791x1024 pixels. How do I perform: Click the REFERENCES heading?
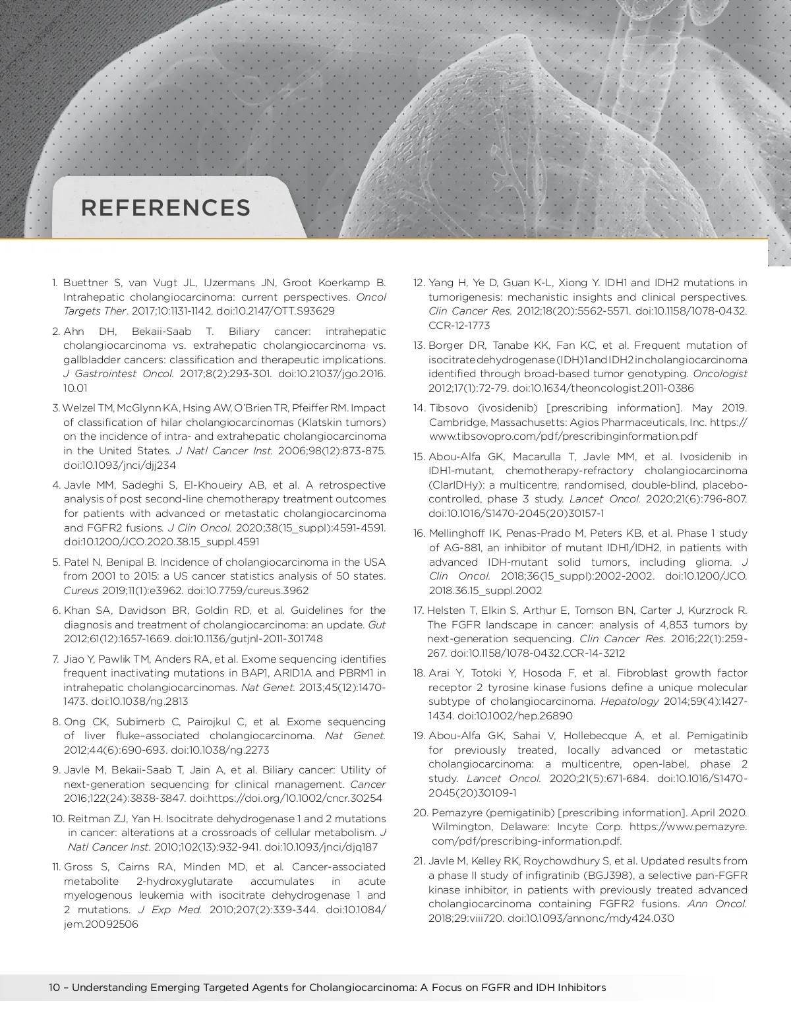pyautogui.click(x=165, y=208)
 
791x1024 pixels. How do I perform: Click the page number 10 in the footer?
pyautogui.click(x=55, y=988)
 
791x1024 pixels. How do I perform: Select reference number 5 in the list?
pyautogui.click(x=56, y=562)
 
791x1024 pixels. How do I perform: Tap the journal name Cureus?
pyautogui.click(x=80, y=591)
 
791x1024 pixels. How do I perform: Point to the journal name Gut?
pyautogui.click(x=376, y=624)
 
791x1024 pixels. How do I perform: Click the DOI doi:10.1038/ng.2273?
pyautogui.click(x=220, y=750)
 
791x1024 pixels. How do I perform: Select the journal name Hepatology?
pyautogui.click(x=630, y=702)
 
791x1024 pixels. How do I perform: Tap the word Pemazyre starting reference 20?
pyautogui.click(x=454, y=812)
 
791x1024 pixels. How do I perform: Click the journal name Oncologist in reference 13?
pyautogui.click(x=720, y=374)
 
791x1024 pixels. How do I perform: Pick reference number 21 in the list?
pyautogui.click(x=419, y=861)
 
